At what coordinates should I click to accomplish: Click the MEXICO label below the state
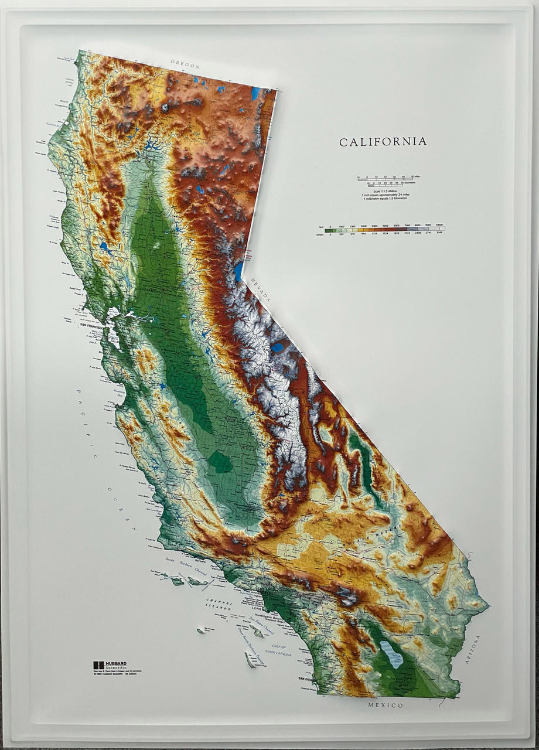pyautogui.click(x=386, y=705)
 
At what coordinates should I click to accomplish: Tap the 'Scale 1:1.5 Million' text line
pyautogui.click(x=385, y=191)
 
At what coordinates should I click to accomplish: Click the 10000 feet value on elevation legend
pyautogui.click(x=439, y=226)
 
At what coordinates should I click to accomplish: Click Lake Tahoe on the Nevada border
pyautogui.click(x=239, y=271)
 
